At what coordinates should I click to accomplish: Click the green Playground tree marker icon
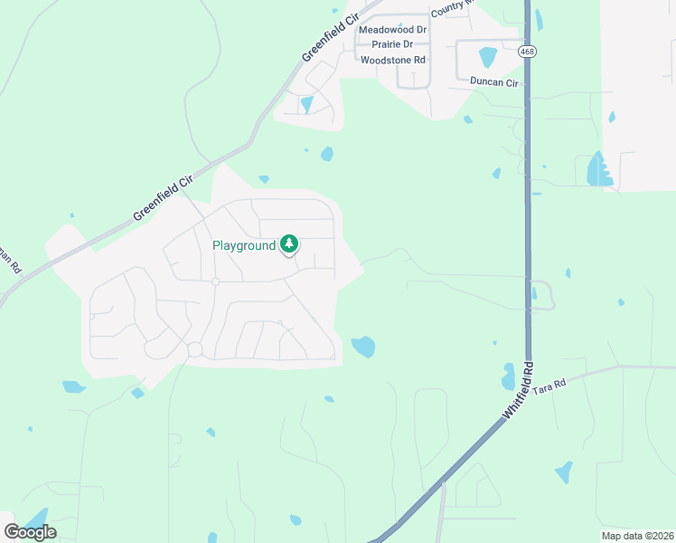point(289,243)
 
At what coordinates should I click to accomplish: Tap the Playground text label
point(243,245)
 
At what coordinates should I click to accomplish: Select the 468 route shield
point(527,52)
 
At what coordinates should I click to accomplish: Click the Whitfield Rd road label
point(520,392)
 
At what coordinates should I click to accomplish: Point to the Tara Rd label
point(548,384)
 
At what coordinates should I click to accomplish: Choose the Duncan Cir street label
point(494,82)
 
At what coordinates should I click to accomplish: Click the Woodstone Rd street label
point(392,60)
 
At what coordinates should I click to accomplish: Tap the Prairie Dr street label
point(386,44)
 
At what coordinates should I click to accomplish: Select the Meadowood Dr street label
point(392,29)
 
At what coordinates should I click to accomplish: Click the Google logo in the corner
point(31,531)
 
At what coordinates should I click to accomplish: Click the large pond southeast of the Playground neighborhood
point(363,347)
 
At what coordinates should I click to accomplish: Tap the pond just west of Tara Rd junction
point(508,376)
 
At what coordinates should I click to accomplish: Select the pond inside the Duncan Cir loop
point(488,57)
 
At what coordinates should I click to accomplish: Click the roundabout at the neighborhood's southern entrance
point(193,349)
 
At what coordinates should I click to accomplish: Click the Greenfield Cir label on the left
point(164,198)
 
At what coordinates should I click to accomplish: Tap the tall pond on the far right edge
point(596,168)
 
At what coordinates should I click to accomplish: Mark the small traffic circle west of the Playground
point(215,281)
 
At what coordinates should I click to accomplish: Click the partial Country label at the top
point(451,8)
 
